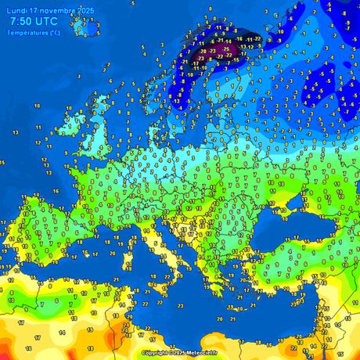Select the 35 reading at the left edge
tap(3, 162)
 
